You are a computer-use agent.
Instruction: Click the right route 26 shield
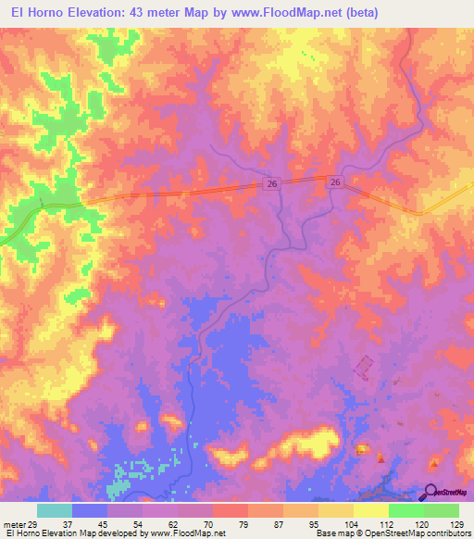tap(336, 183)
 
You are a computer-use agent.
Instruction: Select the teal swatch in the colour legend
tap(55, 510)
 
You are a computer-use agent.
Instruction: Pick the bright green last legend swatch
tap(442, 510)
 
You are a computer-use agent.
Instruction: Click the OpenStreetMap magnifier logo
tap(430, 492)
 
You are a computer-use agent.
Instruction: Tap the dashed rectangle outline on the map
tap(363, 367)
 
